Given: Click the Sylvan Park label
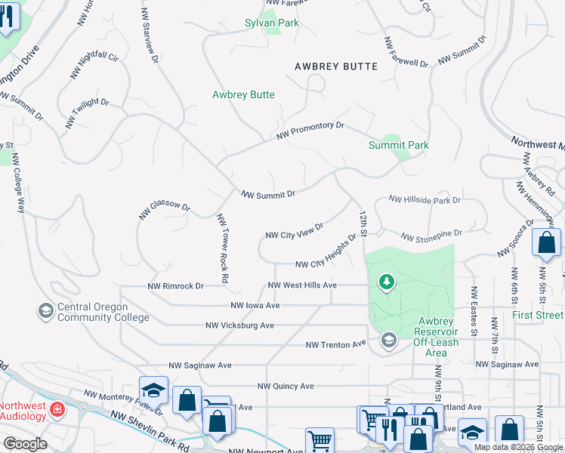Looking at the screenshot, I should click(x=272, y=23).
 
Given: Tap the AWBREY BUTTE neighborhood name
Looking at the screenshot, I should click(x=336, y=67).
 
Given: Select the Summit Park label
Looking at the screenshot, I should click(x=398, y=145).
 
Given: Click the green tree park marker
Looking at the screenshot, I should click(x=387, y=282).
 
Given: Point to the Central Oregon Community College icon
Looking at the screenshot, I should click(x=45, y=310).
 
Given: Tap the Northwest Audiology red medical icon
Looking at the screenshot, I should click(x=57, y=410).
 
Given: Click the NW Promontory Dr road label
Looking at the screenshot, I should click(x=310, y=130).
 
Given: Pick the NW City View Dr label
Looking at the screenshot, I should click(x=295, y=230).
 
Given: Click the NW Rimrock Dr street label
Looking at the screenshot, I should click(x=176, y=286).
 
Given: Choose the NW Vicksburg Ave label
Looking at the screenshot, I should click(x=239, y=325).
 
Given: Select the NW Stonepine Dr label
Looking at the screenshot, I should click(x=431, y=237).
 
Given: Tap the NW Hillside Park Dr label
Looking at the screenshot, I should click(x=425, y=200).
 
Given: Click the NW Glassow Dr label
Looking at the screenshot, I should click(x=164, y=210).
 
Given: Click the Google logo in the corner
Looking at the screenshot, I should click(x=25, y=444).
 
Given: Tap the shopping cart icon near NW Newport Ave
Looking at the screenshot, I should click(x=320, y=440).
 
